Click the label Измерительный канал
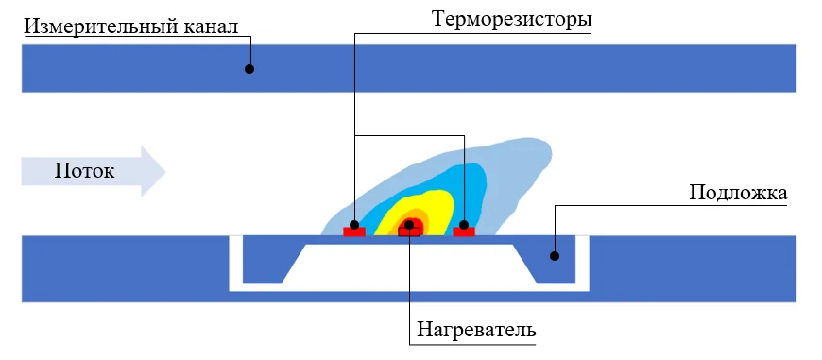pos(131,26)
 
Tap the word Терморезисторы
pos(512,20)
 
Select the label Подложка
pos(738,193)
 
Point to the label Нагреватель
pos(476,330)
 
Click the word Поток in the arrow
pos(84,171)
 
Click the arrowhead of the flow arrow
pos(153,171)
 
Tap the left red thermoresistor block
pos(354,231)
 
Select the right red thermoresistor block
pos(464,231)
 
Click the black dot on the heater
pos(409,225)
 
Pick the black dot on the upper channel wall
pos(249,69)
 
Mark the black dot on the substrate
pos(555,256)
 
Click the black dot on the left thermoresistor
pos(354,225)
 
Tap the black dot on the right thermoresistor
pos(464,225)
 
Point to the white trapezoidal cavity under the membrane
pos(409,265)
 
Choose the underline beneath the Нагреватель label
pos(472,345)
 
